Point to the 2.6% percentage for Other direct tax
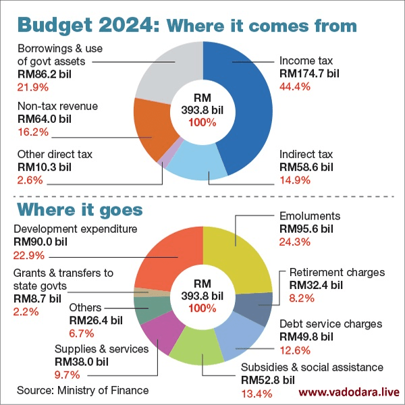point(30,180)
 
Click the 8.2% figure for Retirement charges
point(302,298)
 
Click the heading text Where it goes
point(80,208)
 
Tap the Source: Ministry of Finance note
point(82,390)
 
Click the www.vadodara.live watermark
point(349,391)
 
